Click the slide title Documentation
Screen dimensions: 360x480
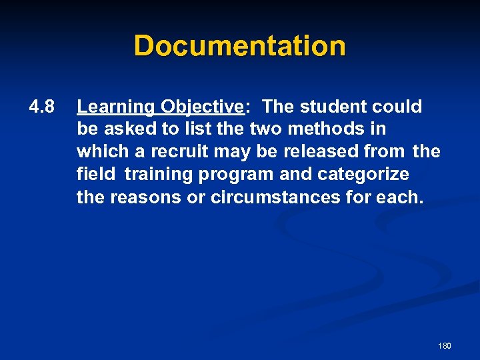pos(240,46)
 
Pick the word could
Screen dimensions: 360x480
pos(398,107)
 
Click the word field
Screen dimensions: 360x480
pos(96,175)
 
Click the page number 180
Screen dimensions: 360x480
pos(445,346)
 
